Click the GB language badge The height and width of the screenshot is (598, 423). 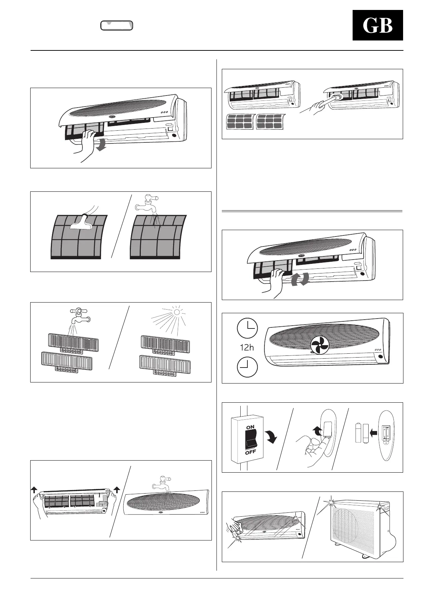[378, 26]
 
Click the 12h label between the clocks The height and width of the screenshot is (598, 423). [247, 348]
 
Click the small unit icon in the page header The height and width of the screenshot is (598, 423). [117, 25]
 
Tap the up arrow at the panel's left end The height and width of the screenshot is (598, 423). [34, 490]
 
